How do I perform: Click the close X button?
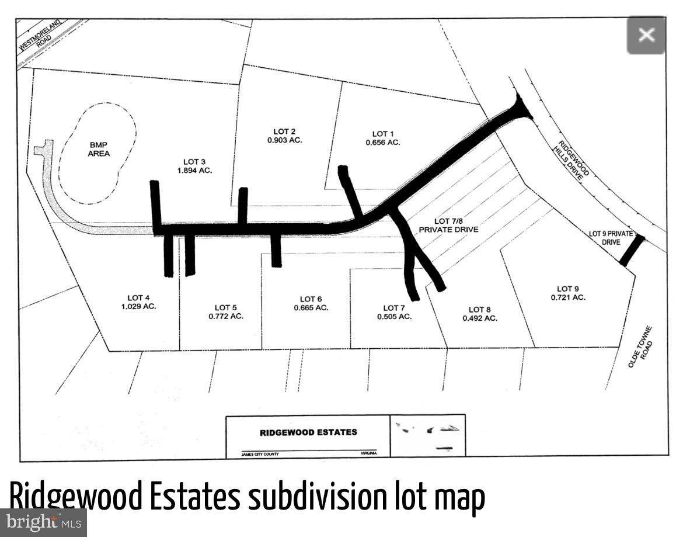tap(646, 35)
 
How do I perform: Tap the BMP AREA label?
tap(99, 149)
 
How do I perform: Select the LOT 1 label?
tap(383, 133)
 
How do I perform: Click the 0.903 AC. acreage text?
tap(284, 140)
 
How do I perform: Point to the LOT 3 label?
tap(194, 161)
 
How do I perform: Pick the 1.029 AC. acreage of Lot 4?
tap(138, 306)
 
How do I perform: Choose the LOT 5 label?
tap(225, 307)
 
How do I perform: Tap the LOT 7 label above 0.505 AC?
tap(394, 307)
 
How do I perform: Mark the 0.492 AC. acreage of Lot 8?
tap(480, 318)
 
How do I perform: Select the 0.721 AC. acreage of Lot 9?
tap(567, 297)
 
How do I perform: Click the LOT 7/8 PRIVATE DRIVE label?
tap(448, 225)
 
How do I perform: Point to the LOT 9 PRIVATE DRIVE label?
tap(611, 237)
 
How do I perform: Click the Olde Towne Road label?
tap(640, 347)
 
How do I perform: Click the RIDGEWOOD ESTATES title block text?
tap(308, 432)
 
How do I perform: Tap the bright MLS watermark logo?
tap(43, 522)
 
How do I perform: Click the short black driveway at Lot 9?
tap(632, 250)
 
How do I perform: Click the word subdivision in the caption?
tap(316, 498)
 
